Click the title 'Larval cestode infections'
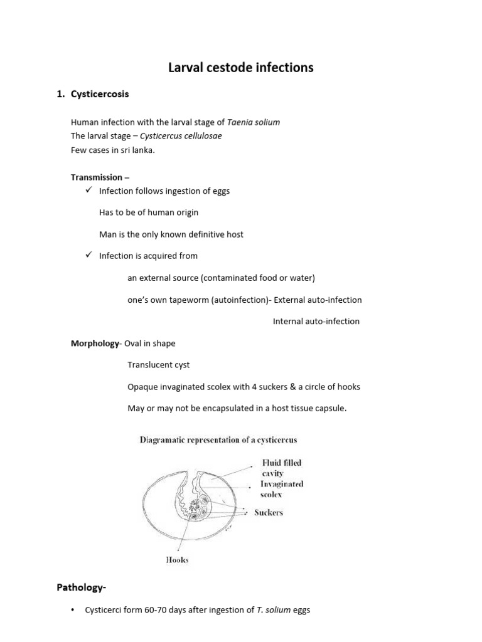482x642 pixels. coord(241,67)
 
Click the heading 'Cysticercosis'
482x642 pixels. coord(100,94)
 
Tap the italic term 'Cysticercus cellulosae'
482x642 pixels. coord(181,135)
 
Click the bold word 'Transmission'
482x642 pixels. coord(96,177)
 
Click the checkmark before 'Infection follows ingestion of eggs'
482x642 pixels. coord(88,190)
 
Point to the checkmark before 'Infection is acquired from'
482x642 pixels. coord(88,255)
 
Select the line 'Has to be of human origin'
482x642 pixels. coord(149,213)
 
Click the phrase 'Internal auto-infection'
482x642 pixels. coord(316,321)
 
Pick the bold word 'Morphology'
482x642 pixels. coord(95,343)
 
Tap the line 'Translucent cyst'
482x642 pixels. coord(158,365)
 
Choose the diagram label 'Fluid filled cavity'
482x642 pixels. coord(282,468)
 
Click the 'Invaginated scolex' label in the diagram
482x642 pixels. coord(282,489)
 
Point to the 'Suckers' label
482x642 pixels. coord(269,512)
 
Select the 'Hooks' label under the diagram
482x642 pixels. coord(177,560)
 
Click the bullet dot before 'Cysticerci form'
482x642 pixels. coord(73,610)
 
